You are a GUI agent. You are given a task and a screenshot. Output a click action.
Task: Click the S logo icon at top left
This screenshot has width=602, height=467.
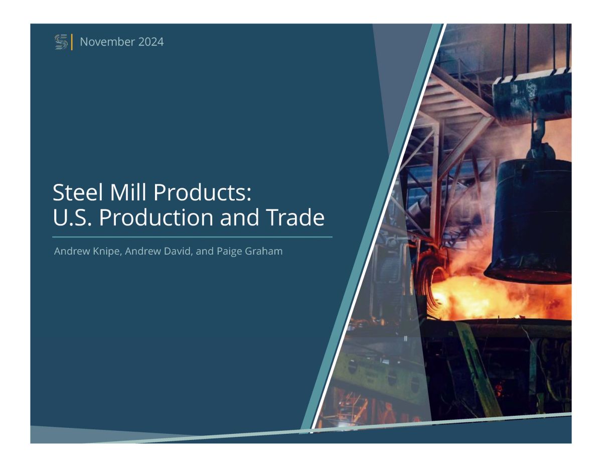(x=61, y=42)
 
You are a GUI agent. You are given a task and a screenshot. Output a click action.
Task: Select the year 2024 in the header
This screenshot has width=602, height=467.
(x=151, y=42)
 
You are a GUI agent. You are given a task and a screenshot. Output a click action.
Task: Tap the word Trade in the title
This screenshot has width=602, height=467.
(x=295, y=217)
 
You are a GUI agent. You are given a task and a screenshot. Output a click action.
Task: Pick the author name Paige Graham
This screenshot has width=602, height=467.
(x=249, y=251)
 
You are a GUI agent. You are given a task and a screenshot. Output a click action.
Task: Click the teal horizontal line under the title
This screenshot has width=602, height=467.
(x=192, y=237)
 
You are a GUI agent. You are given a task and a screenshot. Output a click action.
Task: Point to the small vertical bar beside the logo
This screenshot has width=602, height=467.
(x=72, y=42)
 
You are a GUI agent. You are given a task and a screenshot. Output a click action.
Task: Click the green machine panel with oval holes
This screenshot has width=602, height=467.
(x=381, y=377)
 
